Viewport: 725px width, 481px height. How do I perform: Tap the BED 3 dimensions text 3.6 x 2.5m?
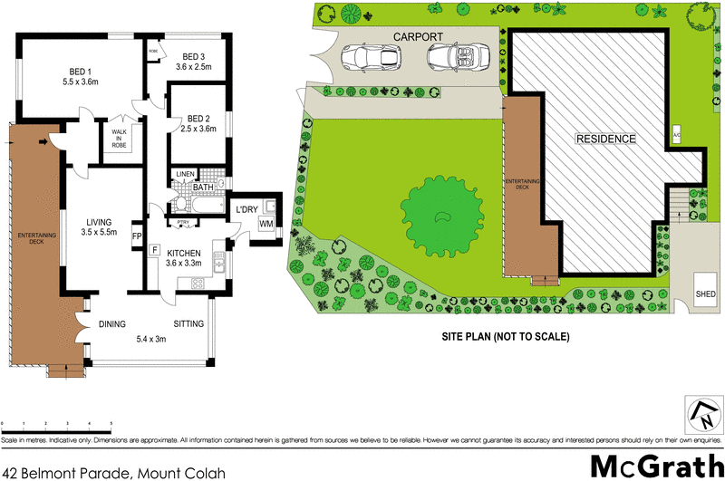193,66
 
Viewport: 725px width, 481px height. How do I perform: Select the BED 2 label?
198,118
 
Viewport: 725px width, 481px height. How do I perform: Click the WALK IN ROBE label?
120,138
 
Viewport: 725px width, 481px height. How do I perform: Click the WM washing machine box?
266,223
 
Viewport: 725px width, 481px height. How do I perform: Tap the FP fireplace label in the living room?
137,237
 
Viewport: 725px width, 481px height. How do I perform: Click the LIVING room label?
99,221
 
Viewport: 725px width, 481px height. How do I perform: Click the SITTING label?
188,323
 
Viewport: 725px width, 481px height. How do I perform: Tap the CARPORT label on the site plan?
417,37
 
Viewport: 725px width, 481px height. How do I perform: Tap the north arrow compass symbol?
704,416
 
